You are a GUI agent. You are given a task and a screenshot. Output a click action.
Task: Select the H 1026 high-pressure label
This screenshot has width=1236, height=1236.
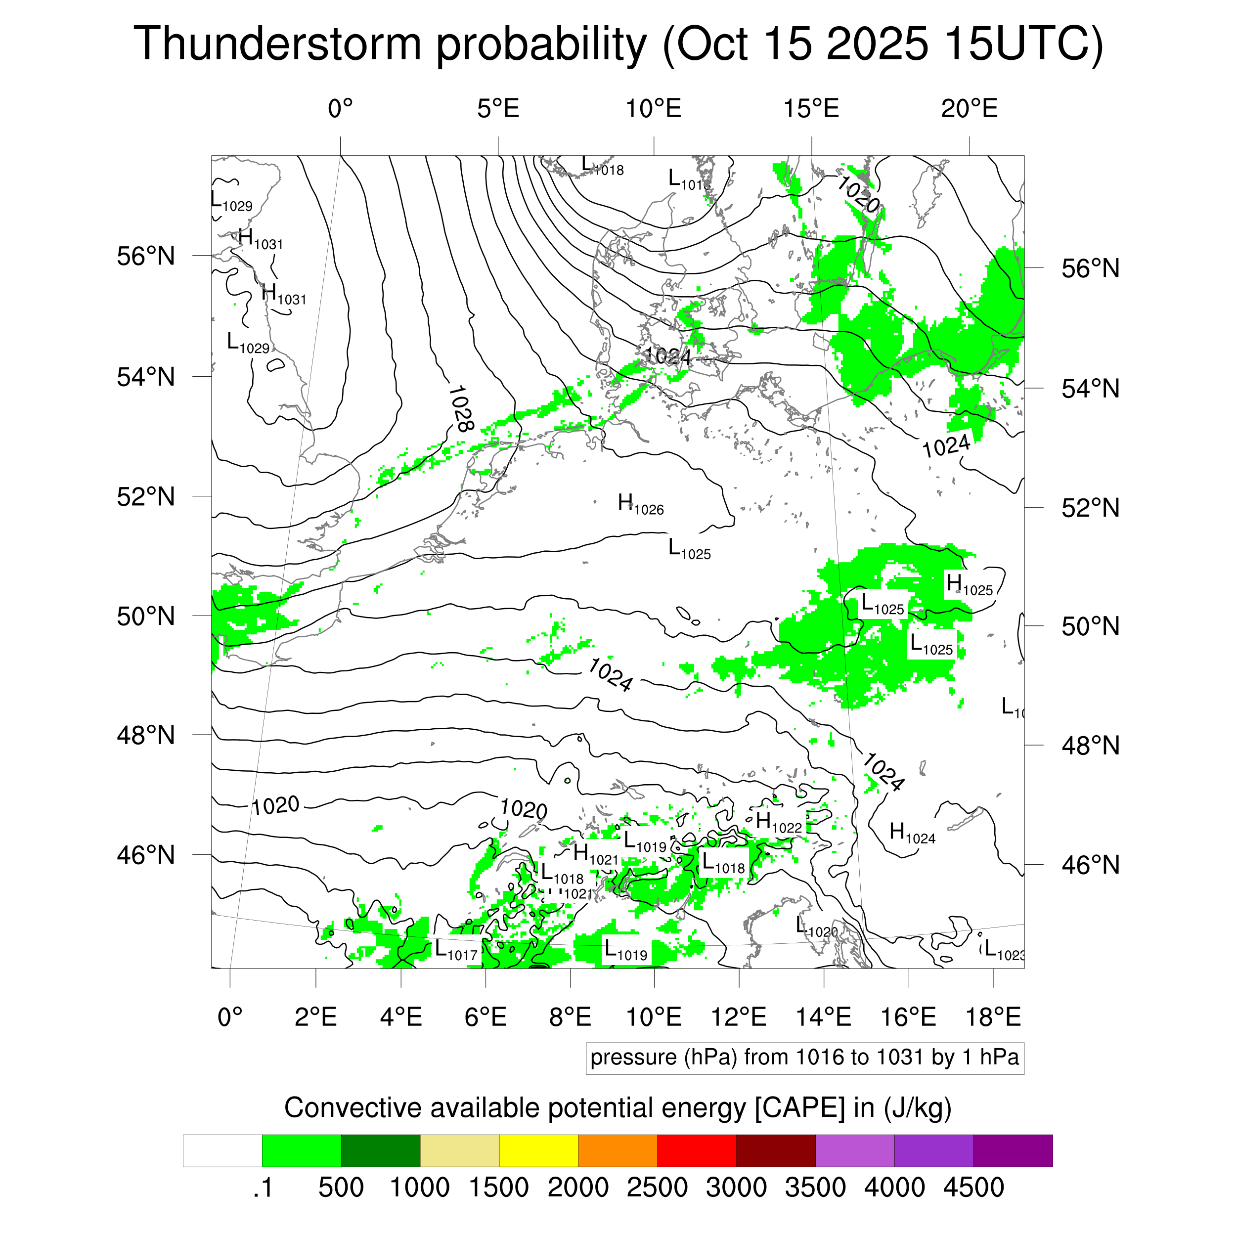tap(640, 505)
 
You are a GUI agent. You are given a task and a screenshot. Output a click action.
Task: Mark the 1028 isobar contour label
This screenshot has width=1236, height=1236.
tap(461, 408)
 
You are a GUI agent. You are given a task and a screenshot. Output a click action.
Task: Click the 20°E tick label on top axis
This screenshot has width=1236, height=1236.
tap(969, 109)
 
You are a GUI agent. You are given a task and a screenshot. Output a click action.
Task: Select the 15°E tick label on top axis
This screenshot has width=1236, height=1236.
tap(811, 109)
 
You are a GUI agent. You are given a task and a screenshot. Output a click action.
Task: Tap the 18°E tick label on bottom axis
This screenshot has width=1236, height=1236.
tap(993, 1016)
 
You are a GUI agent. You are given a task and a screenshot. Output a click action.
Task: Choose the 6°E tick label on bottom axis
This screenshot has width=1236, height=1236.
tap(486, 1016)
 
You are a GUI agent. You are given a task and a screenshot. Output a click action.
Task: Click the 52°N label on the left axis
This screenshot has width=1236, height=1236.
tap(146, 496)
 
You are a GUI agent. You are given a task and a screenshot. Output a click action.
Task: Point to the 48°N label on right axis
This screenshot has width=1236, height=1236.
tap(1091, 746)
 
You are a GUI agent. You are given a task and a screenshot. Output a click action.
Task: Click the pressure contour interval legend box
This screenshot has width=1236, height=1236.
tap(805, 1058)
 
